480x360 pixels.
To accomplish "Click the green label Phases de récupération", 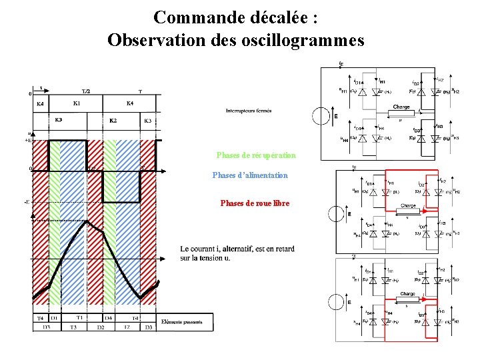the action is (256, 155).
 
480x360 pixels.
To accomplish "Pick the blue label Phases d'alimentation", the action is (250, 175).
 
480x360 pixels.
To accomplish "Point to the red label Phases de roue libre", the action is (255, 203).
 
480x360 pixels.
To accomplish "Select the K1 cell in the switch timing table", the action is (77, 103).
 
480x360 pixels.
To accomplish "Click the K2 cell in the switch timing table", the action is (113, 120).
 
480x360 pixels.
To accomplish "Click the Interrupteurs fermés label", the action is (249, 111).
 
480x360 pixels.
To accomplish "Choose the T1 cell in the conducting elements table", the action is (79, 318).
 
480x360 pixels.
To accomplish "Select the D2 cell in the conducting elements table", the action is (100, 327).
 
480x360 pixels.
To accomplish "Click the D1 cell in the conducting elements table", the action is (55, 318).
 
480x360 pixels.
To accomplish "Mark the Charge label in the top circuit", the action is (401, 107).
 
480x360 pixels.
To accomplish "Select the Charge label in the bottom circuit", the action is (407, 294).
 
